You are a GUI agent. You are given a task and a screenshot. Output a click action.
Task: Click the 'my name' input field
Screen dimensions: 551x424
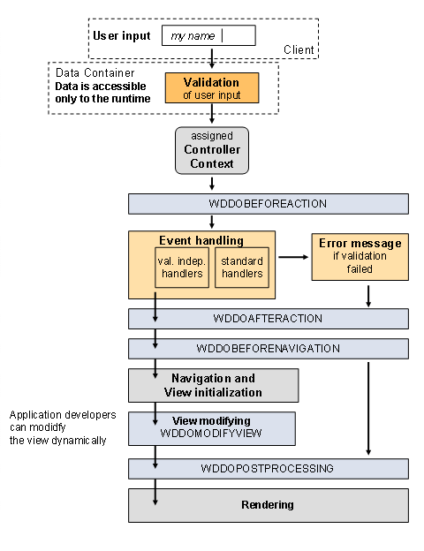(x=208, y=35)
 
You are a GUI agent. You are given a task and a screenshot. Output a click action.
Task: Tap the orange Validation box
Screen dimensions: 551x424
(x=211, y=87)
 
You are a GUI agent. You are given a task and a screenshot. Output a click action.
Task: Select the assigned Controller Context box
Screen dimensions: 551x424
(x=211, y=150)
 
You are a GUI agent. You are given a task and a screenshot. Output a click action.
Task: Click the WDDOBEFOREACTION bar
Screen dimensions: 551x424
(x=268, y=204)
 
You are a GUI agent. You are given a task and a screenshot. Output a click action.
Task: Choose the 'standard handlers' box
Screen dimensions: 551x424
(x=240, y=268)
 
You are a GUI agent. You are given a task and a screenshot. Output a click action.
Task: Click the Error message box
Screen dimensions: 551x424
(x=360, y=256)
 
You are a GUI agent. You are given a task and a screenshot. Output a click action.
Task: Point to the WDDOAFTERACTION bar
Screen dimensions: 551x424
(x=268, y=318)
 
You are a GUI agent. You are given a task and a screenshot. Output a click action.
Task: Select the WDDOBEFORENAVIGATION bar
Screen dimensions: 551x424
(x=268, y=348)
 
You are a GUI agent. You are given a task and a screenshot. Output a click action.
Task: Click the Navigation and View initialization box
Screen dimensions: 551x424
(x=213, y=385)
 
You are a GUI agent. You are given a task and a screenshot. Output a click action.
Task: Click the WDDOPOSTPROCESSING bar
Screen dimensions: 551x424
(x=268, y=468)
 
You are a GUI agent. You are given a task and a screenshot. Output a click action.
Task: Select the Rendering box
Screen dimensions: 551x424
(x=268, y=505)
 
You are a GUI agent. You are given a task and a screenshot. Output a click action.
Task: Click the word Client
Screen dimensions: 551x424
(x=299, y=50)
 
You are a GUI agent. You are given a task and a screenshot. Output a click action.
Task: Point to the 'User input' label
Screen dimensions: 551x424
(x=121, y=35)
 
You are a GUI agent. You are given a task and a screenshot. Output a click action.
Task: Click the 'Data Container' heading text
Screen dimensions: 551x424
(x=95, y=72)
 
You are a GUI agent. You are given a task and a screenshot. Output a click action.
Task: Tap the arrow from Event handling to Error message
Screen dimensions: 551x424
(x=292, y=257)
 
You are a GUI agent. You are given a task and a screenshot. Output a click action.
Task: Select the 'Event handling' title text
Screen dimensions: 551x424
(x=201, y=240)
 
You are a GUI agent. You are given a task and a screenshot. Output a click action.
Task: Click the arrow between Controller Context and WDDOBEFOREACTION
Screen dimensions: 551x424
(x=212, y=184)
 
